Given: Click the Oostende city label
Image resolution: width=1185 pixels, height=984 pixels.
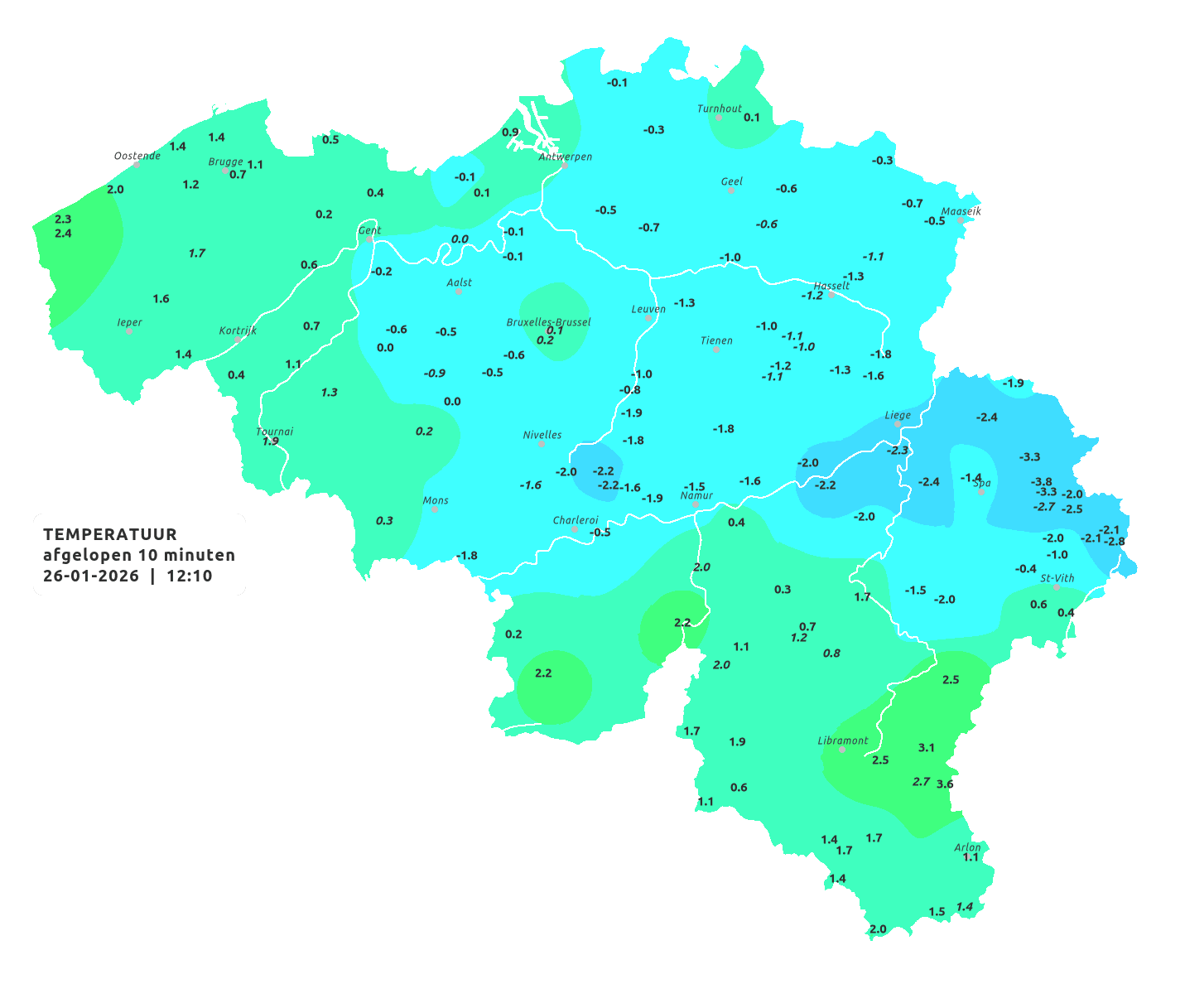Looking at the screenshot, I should point(137,156).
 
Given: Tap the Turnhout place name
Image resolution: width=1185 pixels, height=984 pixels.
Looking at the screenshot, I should point(719,109).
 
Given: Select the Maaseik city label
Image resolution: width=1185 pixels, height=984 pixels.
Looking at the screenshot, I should point(961,211).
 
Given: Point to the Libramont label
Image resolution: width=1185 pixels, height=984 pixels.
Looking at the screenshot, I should point(842,740).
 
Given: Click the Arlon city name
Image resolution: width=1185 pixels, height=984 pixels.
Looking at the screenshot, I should point(967,847).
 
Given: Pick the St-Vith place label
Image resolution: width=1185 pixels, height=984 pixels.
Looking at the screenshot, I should point(1057,578).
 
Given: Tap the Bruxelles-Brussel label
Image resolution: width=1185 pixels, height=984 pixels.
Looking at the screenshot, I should point(548,321).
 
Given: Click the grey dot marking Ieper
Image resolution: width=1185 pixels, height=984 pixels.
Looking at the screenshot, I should point(128,331).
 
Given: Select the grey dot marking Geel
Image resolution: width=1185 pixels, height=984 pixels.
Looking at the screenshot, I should point(730,191).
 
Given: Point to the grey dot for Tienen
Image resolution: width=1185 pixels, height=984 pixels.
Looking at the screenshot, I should point(715,350).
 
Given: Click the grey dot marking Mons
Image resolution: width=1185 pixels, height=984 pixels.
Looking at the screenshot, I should point(434,509).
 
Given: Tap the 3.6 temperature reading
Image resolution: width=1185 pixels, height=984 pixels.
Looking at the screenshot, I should point(945,784).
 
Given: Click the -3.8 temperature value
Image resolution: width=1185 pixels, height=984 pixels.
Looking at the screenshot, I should point(1041,481).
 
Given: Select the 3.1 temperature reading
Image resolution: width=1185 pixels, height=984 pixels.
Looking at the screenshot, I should point(926,748).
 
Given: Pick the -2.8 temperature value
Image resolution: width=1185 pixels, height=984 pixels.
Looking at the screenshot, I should point(1115,542).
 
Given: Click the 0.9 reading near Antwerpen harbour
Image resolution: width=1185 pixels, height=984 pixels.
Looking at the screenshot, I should point(510,133).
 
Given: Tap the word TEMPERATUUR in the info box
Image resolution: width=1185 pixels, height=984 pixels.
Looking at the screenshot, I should point(109,534).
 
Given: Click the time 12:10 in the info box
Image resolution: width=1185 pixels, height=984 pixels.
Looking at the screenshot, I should point(189,576).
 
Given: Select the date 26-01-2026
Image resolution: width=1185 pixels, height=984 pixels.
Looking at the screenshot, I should point(90,576).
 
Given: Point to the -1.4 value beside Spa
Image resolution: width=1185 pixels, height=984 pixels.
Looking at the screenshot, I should point(970,478).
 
